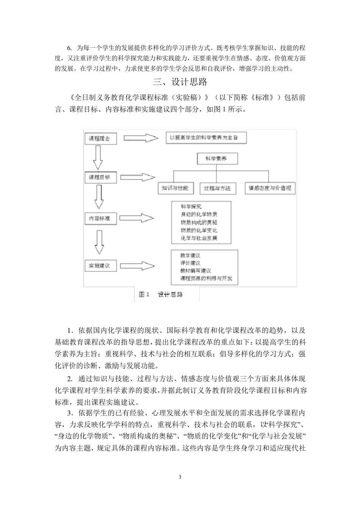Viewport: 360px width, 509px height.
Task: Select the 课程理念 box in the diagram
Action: tap(100, 139)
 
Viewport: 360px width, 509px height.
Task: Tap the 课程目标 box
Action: tap(100, 177)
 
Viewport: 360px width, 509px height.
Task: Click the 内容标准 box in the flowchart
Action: tap(100, 218)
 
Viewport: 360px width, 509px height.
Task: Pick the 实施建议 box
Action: tap(100, 265)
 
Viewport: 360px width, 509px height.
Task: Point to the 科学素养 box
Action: tap(216, 159)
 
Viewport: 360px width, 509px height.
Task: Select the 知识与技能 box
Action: tap(175, 188)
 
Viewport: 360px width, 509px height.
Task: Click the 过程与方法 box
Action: tap(217, 188)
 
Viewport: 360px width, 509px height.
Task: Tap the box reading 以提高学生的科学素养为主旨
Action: tap(206, 138)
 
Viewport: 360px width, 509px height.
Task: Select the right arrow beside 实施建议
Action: tap(140, 266)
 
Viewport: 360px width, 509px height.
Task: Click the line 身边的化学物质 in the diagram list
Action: tap(199, 214)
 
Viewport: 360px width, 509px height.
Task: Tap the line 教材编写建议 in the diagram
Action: tap(196, 271)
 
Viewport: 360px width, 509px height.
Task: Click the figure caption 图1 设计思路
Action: tap(161, 294)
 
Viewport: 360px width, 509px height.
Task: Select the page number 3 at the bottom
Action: tap(180, 476)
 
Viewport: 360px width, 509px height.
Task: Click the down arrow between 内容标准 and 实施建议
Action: tap(99, 242)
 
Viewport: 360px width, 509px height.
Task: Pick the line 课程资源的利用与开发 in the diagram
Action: tap(206, 279)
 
